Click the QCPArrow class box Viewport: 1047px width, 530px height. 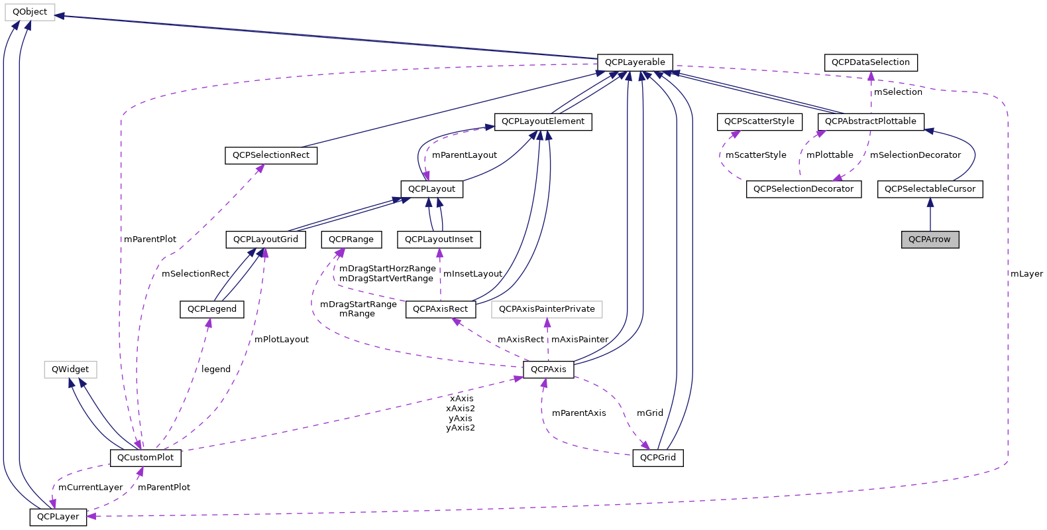pos(929,239)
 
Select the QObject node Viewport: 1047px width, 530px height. pos(30,12)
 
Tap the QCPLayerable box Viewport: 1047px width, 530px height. pos(634,62)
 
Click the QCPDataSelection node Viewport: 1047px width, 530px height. pos(870,62)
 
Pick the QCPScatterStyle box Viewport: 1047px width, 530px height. pos(759,121)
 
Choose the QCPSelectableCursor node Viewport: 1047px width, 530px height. pos(930,189)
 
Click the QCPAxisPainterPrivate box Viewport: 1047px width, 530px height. pos(547,309)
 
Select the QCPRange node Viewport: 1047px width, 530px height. pos(351,239)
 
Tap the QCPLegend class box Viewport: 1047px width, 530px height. pos(212,309)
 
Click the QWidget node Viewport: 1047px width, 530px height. pos(70,369)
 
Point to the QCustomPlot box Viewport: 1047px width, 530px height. pos(145,458)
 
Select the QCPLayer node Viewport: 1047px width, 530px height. pos(58,517)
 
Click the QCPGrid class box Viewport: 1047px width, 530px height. pos(657,458)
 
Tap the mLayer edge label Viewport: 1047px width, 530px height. pos(1026,274)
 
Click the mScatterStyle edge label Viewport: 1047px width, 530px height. pos(755,155)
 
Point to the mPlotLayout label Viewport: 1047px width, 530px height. pos(281,340)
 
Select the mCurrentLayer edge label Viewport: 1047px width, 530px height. pos(90,488)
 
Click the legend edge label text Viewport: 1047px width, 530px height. pos(215,369)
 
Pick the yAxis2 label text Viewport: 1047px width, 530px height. pos(460,428)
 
